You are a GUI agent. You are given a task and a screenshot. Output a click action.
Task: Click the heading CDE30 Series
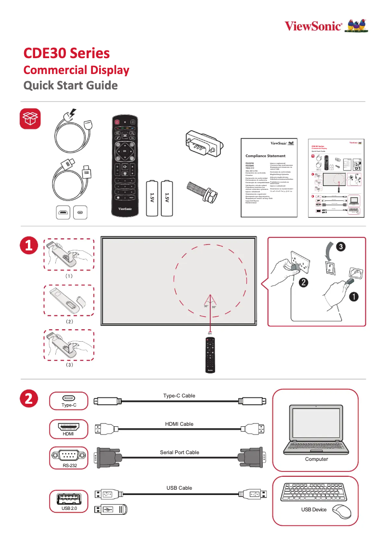67,53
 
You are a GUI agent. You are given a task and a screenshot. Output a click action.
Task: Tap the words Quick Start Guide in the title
71,86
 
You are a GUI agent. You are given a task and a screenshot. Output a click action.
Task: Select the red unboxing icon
30,119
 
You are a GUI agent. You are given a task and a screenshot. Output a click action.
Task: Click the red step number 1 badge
29,247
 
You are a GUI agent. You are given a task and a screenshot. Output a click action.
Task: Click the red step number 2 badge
29,398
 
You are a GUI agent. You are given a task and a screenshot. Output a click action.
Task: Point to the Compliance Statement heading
265,156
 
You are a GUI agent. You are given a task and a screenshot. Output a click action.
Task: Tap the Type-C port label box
69,401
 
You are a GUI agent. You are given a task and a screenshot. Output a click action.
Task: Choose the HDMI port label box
69,429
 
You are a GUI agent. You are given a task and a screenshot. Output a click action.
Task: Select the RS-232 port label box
69,457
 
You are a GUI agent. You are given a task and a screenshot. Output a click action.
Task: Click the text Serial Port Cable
179,452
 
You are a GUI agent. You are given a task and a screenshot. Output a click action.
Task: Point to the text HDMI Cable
179,424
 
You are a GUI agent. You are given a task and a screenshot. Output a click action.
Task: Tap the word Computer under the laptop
316,459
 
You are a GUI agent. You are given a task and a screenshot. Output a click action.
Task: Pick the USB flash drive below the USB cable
111,509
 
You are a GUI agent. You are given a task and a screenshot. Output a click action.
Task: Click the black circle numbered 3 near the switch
340,247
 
